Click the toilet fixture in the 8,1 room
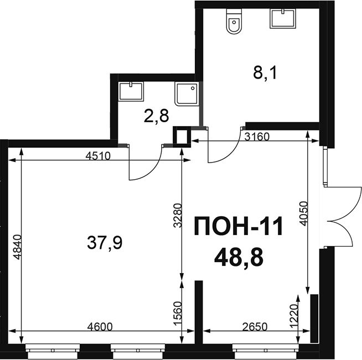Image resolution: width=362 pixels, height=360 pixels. (x=235, y=22)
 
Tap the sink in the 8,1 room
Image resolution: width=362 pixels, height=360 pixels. (x=283, y=18)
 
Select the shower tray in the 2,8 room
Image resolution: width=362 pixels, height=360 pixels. (x=187, y=94)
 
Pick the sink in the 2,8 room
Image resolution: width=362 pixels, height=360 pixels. (x=131, y=91)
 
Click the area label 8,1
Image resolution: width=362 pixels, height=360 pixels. (x=265, y=72)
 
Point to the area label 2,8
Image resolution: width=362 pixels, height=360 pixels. (x=156, y=116)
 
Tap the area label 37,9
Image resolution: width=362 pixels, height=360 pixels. (x=105, y=243)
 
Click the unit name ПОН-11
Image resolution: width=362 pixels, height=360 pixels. (x=239, y=226)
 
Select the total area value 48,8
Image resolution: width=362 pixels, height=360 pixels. (x=239, y=258)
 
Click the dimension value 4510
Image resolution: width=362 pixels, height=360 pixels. (x=99, y=156)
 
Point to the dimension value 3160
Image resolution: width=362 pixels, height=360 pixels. (x=257, y=137)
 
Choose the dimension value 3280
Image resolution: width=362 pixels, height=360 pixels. (x=178, y=216)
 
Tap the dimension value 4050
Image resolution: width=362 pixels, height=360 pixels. (x=304, y=213)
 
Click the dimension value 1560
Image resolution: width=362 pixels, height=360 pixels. (x=178, y=314)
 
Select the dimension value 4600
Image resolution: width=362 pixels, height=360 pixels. (x=100, y=327)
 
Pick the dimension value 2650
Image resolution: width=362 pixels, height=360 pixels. (x=255, y=327)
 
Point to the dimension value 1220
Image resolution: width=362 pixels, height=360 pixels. (x=294, y=316)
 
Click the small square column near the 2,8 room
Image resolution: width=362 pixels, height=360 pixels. (x=182, y=137)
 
